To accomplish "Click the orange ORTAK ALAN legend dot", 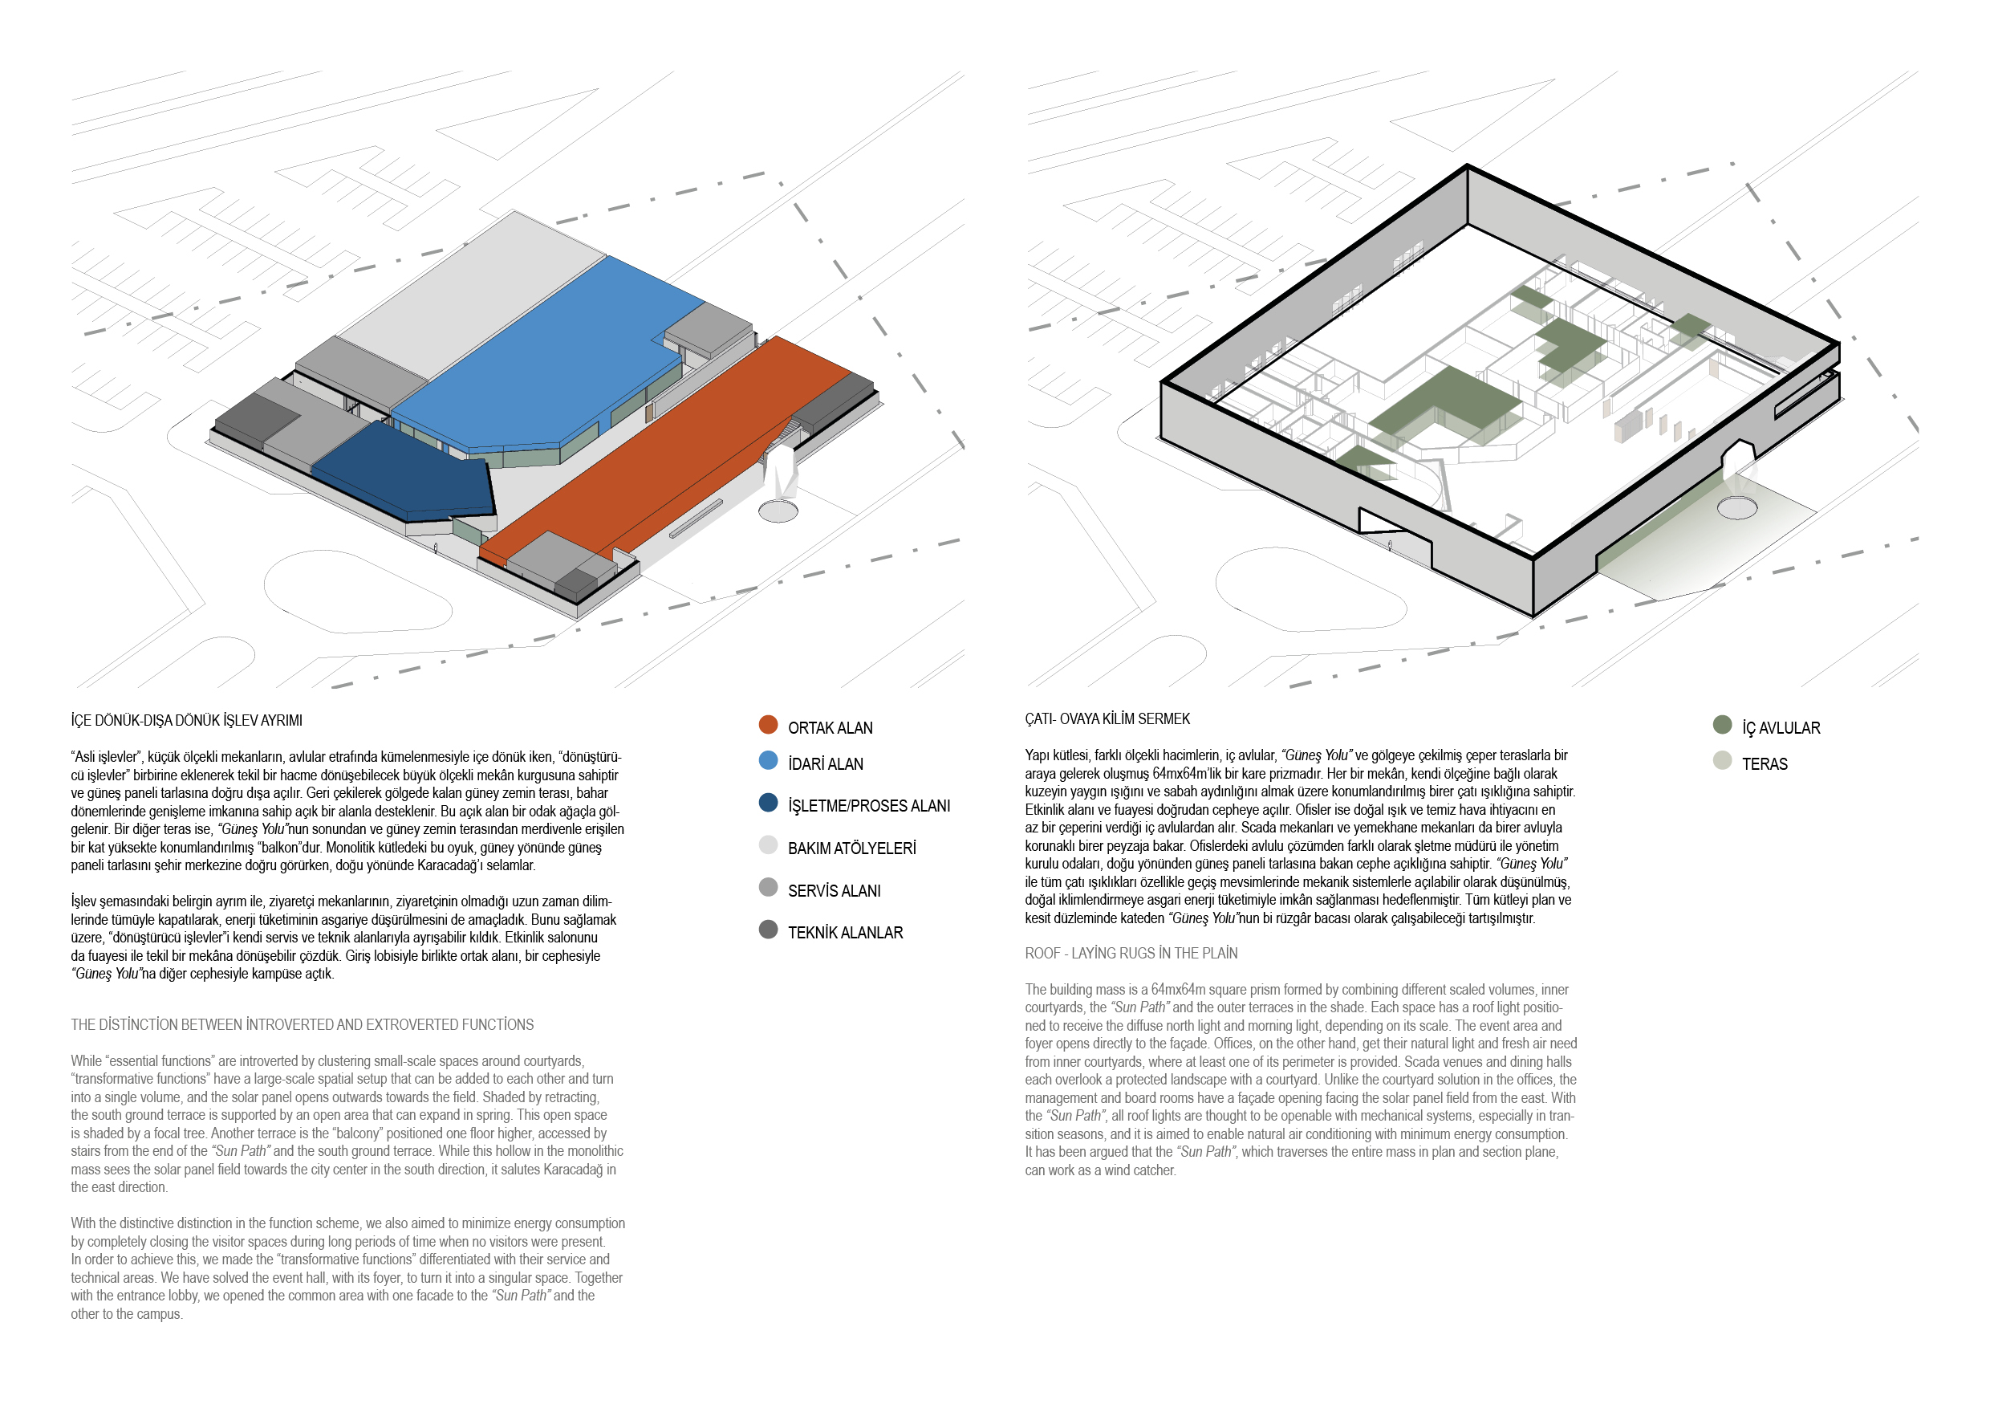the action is tap(768, 725).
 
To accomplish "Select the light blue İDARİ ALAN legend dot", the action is tap(768, 760).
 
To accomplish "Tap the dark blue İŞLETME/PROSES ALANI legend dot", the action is tap(768, 803).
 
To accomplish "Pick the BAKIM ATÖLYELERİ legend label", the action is tap(852, 848).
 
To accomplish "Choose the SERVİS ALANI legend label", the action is tap(834, 891).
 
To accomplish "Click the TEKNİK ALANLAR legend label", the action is tap(845, 933).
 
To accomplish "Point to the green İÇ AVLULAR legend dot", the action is tap(1722, 725).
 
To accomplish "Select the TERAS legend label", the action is tap(1765, 764).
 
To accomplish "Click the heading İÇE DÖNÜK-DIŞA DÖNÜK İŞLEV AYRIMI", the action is tap(186, 721).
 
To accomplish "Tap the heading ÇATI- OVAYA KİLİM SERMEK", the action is tap(1107, 718).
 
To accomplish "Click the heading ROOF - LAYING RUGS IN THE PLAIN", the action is tap(1131, 954).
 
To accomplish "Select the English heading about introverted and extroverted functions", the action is tap(303, 1025).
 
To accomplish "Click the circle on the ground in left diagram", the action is tap(778, 511).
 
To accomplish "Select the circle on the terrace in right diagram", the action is tap(1737, 507).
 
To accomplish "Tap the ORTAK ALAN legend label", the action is tap(831, 728).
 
